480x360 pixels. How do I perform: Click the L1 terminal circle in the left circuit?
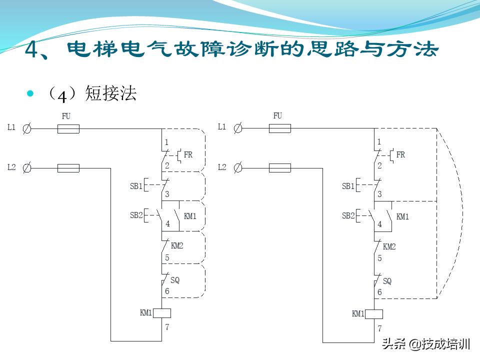27,128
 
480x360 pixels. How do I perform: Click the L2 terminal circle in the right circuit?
238,167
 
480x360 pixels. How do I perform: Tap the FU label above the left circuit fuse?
66,116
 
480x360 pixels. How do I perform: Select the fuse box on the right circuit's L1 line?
280,128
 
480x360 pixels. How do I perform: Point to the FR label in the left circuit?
188,155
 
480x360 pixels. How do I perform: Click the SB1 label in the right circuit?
348,186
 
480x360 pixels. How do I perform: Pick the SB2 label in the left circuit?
136,215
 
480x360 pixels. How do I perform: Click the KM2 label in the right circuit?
389,246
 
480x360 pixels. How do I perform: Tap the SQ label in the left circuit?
175,280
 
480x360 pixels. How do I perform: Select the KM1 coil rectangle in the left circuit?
162,313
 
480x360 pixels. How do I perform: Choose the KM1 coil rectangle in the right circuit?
374,314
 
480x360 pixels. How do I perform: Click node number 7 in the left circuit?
167,327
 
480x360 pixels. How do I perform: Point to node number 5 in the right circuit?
379,258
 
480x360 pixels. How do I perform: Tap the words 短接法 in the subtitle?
111,93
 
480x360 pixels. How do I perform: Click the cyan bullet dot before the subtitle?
30,93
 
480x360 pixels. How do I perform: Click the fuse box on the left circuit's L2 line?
68,168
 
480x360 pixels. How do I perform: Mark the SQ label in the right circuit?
387,281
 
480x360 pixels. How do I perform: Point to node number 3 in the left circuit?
167,194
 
